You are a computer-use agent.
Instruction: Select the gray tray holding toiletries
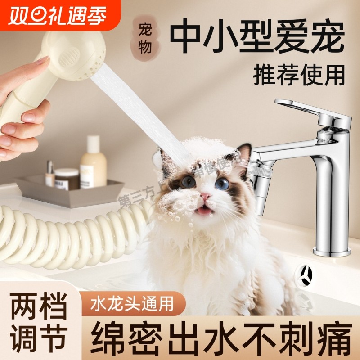click(x=67, y=191)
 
